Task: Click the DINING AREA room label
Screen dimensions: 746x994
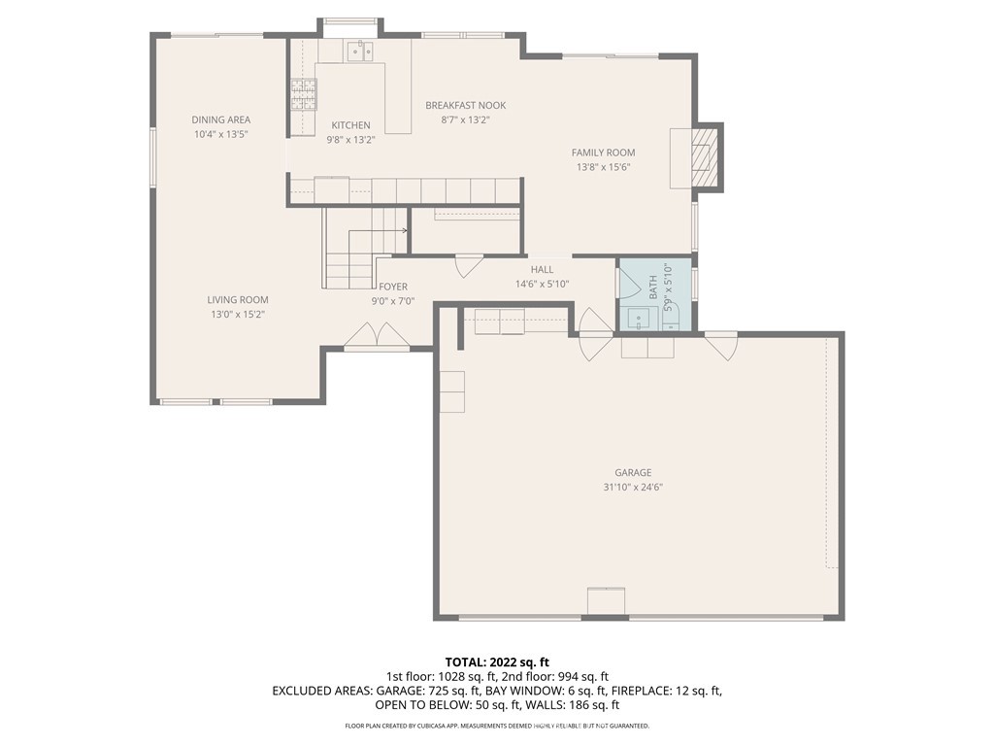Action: (x=220, y=120)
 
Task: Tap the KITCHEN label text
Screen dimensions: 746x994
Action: (x=350, y=125)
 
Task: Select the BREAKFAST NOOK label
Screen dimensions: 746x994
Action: (x=465, y=106)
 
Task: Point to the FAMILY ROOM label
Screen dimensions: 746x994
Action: (x=603, y=153)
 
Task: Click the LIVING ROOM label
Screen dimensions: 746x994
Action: (x=237, y=300)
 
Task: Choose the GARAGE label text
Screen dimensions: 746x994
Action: (x=632, y=473)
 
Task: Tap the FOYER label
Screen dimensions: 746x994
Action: (x=393, y=287)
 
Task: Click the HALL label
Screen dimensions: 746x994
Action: (x=542, y=270)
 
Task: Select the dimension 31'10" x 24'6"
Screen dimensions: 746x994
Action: (x=632, y=487)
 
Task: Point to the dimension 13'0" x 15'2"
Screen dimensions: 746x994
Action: (x=237, y=314)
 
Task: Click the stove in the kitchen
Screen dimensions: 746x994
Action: (x=301, y=93)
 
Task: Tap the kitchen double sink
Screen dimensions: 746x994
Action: (x=361, y=51)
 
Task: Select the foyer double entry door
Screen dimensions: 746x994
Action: (x=378, y=336)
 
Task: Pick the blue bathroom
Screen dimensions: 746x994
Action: (x=655, y=295)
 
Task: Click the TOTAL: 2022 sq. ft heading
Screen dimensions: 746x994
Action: (x=496, y=661)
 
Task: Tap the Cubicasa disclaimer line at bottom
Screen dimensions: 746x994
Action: (x=496, y=726)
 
